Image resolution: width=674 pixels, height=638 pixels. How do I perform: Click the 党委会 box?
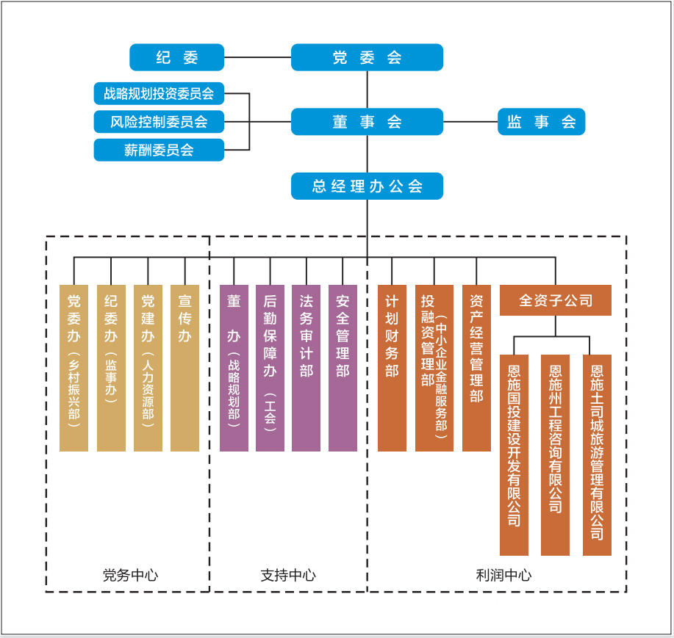click(x=367, y=57)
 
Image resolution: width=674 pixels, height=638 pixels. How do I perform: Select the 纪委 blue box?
click(x=176, y=57)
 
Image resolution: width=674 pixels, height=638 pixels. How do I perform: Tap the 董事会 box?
click(x=367, y=122)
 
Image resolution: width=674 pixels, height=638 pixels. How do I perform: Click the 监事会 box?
click(x=541, y=122)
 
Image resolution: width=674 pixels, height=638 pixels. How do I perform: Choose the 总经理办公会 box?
click(x=367, y=186)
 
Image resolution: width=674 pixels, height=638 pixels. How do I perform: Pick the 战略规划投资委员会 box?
click(x=159, y=94)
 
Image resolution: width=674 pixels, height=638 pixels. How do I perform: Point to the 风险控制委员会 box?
click(x=159, y=122)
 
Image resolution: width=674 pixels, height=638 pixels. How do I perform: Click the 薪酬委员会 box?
click(x=159, y=150)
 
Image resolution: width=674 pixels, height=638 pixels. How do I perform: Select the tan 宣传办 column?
click(x=184, y=367)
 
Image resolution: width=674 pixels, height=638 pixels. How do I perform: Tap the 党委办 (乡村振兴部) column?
click(x=74, y=367)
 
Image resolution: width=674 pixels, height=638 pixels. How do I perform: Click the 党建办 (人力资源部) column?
click(x=148, y=367)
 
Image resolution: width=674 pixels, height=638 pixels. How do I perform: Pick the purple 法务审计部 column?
click(x=306, y=367)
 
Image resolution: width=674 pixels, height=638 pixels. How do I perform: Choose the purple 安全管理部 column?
click(x=343, y=367)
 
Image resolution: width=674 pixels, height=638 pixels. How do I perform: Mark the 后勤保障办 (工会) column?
click(x=270, y=367)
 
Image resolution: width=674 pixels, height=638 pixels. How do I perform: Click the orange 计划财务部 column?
click(x=392, y=367)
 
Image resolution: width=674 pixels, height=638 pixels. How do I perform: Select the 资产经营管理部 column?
click(x=476, y=367)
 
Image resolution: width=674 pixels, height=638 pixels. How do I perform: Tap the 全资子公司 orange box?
click(x=555, y=300)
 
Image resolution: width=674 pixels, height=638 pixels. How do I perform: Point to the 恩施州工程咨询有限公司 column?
click(x=555, y=455)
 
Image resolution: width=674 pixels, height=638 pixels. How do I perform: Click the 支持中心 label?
click(x=288, y=575)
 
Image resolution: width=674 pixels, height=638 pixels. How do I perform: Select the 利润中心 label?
click(x=503, y=575)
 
